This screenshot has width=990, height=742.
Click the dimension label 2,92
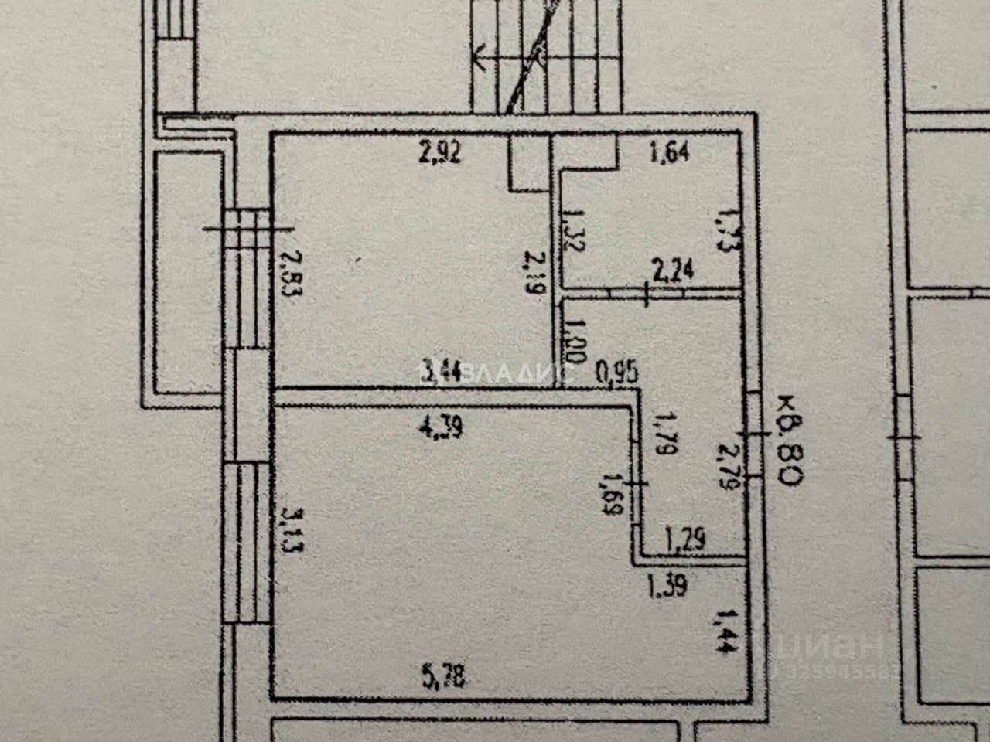tap(439, 153)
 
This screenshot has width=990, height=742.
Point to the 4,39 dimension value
tap(442, 428)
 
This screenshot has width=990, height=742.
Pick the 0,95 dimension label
tap(616, 376)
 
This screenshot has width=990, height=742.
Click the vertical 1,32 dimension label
tap(572, 230)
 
